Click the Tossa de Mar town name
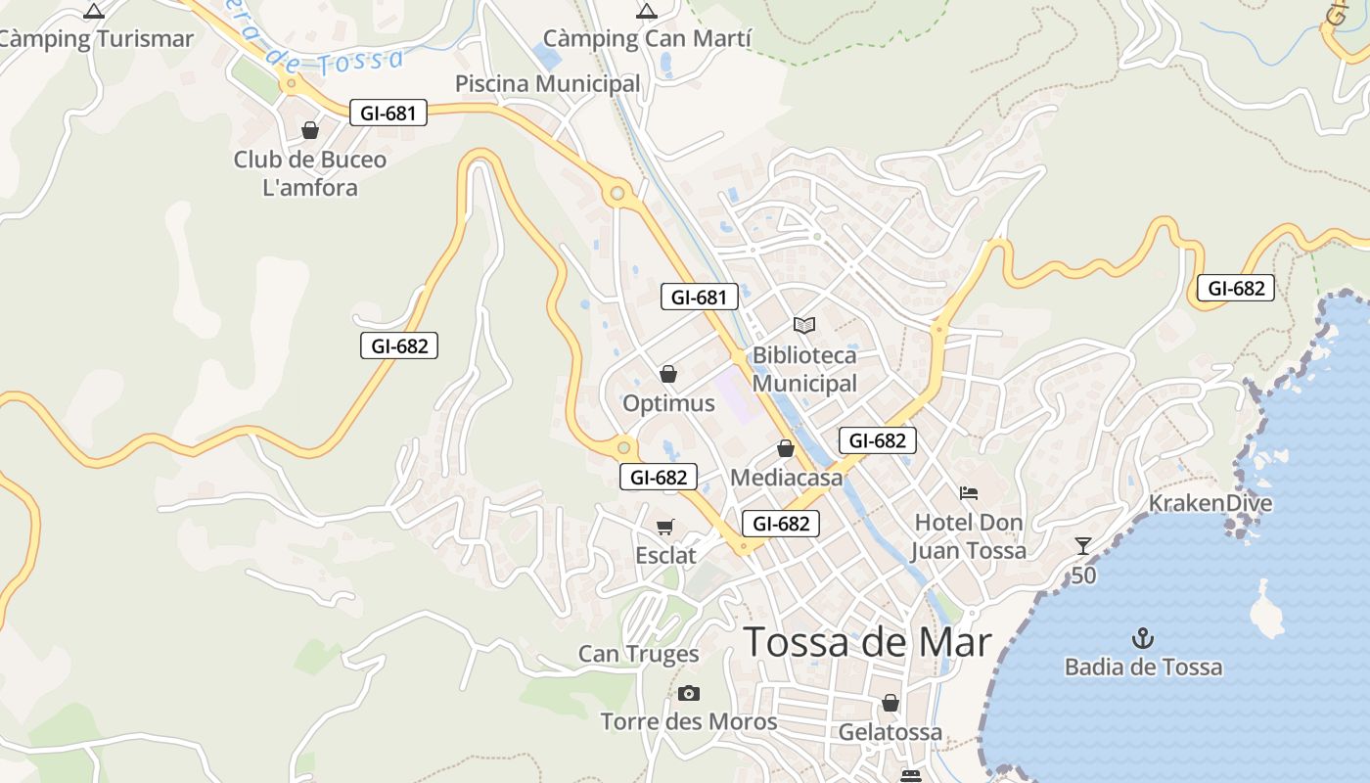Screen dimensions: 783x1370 (x=868, y=642)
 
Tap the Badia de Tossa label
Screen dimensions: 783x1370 (x=1143, y=668)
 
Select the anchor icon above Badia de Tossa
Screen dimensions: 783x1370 (x=1143, y=639)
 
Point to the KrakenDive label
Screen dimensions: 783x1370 (x=1210, y=503)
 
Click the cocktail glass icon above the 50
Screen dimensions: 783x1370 (x=1082, y=546)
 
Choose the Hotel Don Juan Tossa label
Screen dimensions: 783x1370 (x=969, y=536)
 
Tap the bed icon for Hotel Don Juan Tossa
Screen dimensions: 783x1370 (x=969, y=492)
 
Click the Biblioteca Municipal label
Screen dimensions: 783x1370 (x=804, y=369)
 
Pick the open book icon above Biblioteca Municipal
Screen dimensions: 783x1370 (x=804, y=325)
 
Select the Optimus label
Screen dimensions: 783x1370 (x=668, y=403)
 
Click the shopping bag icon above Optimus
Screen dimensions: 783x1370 (x=668, y=374)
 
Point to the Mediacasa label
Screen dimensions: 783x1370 (x=786, y=478)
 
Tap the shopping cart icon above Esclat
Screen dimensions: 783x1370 (x=665, y=528)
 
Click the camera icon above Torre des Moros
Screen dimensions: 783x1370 (x=689, y=693)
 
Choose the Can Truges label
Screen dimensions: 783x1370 (x=638, y=654)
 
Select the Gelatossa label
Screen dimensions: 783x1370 (x=890, y=732)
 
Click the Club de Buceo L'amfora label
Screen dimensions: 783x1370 (x=310, y=173)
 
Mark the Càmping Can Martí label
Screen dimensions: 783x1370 (x=647, y=39)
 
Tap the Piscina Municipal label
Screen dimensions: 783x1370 (x=547, y=84)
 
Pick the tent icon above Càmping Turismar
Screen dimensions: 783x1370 (x=94, y=12)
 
